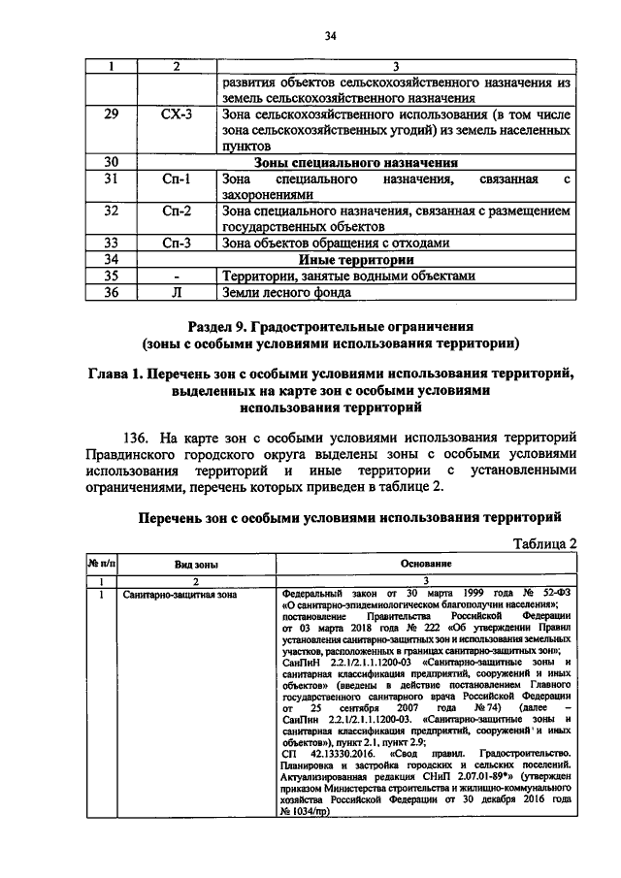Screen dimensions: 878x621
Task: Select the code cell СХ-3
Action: pyautogui.click(x=177, y=114)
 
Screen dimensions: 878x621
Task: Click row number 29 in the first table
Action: pyautogui.click(x=111, y=114)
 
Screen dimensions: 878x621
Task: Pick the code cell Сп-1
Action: pyautogui.click(x=177, y=179)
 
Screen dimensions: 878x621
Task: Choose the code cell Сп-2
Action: pyautogui.click(x=177, y=211)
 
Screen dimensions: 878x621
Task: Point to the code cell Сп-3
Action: pyautogui.click(x=177, y=243)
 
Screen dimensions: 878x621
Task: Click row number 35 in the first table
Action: pyautogui.click(x=111, y=275)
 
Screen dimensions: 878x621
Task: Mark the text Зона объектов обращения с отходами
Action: pyautogui.click(x=321, y=243)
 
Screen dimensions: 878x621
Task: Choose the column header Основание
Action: pyautogui.click(x=425, y=564)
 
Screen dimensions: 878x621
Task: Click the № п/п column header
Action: pyautogui.click(x=101, y=564)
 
